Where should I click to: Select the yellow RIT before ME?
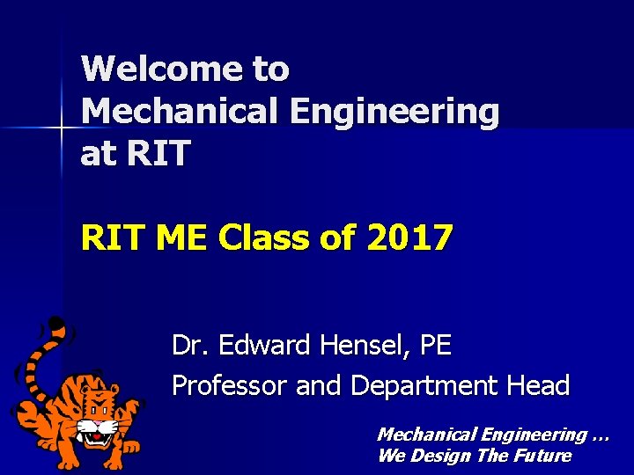pos(111,237)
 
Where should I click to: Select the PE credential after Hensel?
pos(436,346)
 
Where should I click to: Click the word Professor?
pos(230,386)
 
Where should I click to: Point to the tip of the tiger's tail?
pos(55,323)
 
